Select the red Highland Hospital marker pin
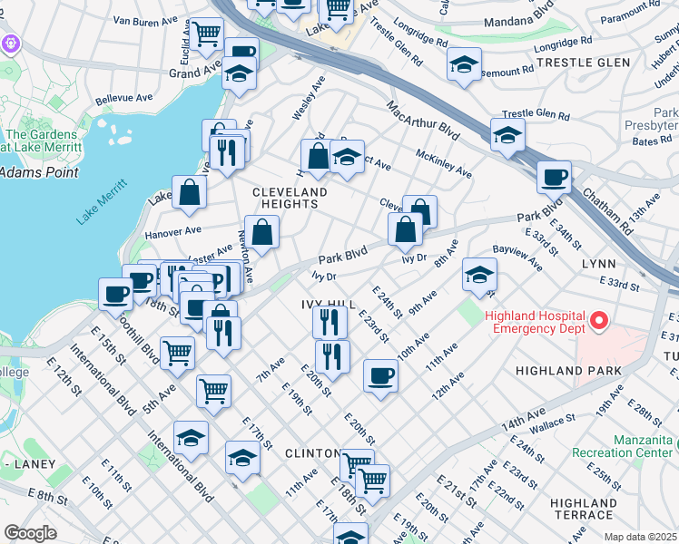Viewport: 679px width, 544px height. click(598, 321)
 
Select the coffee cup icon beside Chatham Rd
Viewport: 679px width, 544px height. click(553, 178)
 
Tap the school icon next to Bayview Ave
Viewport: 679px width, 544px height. click(479, 275)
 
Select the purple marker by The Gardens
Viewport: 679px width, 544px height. click(11, 43)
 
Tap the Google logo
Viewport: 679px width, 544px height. click(30, 532)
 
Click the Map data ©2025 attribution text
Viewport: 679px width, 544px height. click(641, 537)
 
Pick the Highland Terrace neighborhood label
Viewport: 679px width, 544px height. click(584, 509)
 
